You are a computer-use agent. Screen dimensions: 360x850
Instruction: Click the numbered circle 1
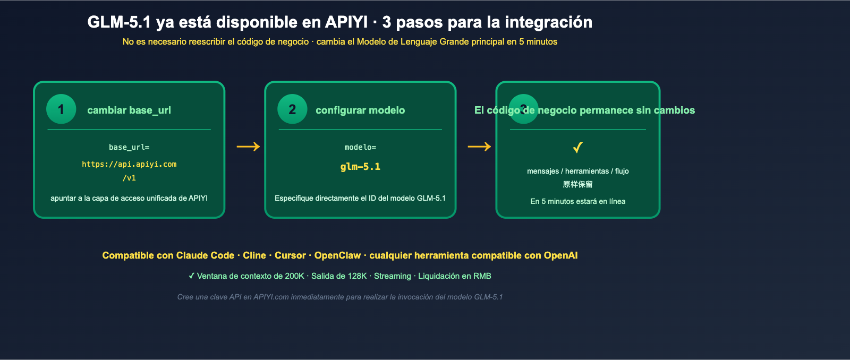(x=61, y=109)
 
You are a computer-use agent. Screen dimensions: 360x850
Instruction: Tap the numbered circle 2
(x=292, y=109)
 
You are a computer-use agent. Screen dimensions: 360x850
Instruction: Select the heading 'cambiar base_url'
(x=129, y=110)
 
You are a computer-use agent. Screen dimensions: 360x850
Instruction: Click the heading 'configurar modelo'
(x=360, y=110)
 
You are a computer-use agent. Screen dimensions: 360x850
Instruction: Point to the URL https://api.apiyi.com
(x=129, y=164)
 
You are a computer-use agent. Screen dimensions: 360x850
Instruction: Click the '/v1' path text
(x=129, y=178)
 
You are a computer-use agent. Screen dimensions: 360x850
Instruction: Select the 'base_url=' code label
(x=129, y=147)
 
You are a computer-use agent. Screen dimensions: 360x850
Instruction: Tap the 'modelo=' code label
(x=360, y=147)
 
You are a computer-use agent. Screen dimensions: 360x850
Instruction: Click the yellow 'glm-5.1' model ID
(x=360, y=167)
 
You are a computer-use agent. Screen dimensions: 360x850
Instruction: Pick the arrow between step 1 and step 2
(x=248, y=147)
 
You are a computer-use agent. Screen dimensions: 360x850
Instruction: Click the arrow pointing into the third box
(x=479, y=147)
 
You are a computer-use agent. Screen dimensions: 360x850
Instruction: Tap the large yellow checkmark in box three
(x=578, y=147)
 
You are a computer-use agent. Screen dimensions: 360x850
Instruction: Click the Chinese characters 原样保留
(x=578, y=184)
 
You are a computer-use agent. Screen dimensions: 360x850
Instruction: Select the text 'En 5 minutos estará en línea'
(x=578, y=201)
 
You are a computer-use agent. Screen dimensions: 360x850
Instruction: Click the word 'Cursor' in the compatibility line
(x=290, y=255)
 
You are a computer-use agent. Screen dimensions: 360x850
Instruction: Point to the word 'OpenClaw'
(x=337, y=255)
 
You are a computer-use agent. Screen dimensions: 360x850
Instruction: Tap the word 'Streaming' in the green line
(x=392, y=276)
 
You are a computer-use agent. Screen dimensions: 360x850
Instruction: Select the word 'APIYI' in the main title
(x=346, y=22)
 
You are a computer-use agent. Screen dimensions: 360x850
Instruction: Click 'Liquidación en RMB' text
(x=454, y=276)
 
